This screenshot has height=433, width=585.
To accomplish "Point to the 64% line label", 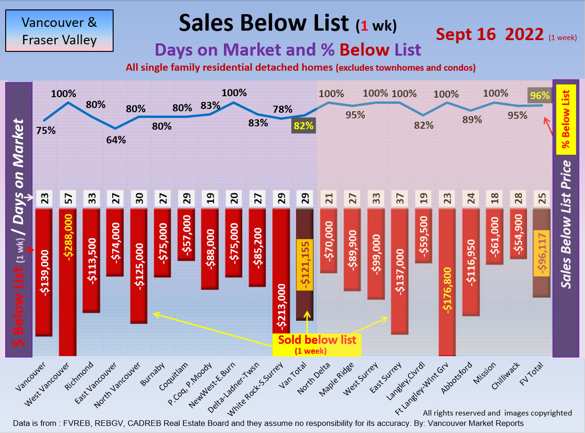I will pyautogui.click(x=116, y=140).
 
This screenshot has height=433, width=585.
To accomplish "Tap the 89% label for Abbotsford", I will pyautogui.click(x=472, y=120).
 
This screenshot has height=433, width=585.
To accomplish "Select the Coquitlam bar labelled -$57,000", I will pyautogui.click(x=187, y=234).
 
